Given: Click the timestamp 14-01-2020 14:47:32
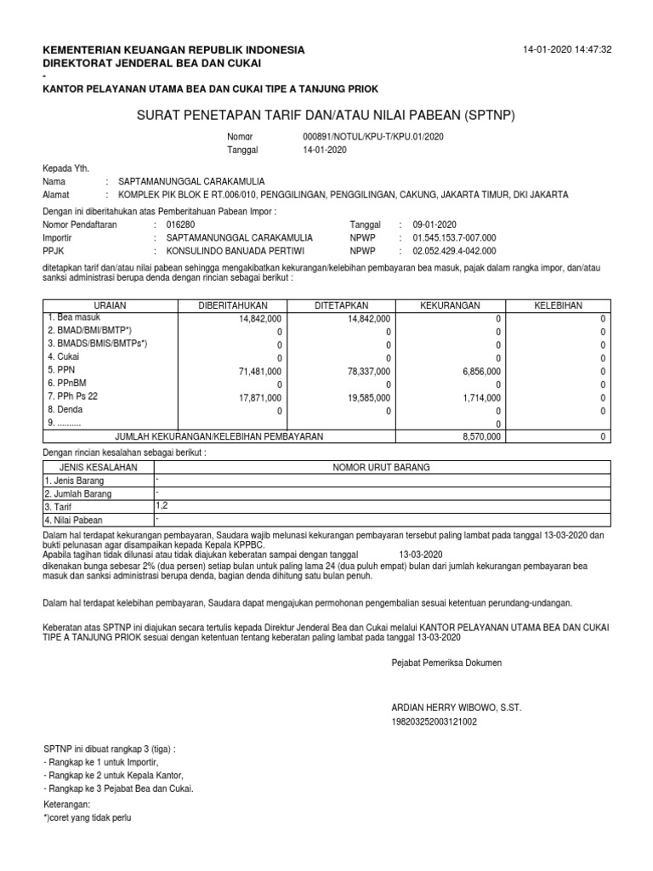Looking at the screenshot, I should [567, 51].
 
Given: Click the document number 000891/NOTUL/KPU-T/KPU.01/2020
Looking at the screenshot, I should [373, 136].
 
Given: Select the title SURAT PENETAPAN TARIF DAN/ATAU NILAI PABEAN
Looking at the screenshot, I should [326, 114].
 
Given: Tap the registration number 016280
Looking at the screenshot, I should [180, 225].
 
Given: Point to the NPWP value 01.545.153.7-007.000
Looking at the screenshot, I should [454, 238].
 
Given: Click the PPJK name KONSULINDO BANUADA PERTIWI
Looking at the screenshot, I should [236, 252].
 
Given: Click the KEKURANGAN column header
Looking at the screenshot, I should [451, 305].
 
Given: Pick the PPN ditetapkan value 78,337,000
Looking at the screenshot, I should [363, 372].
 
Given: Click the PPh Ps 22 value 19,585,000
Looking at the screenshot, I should [363, 398].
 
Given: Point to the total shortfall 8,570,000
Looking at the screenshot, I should [481, 436].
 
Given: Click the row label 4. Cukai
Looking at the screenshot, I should [65, 357].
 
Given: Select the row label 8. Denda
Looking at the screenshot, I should [66, 410].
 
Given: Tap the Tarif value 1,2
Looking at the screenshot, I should [162, 505].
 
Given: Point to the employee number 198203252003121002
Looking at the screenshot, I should [434, 722].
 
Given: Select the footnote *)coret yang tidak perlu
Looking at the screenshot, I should [88, 818].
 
